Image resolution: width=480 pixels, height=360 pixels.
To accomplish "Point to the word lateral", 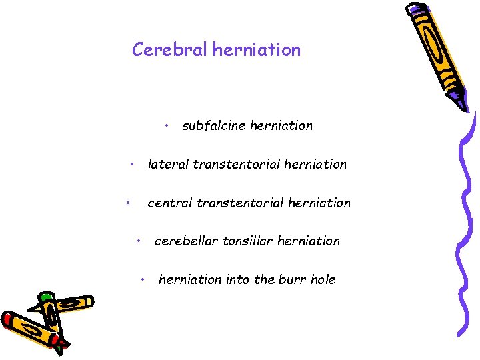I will click(x=168, y=164).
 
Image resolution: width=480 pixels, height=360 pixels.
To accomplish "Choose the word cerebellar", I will click(x=185, y=241).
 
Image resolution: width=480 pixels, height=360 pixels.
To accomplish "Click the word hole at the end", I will click(x=323, y=280).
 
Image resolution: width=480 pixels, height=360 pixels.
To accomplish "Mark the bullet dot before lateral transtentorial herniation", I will click(x=133, y=163).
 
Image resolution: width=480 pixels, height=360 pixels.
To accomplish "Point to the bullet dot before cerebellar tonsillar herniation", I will click(x=139, y=241).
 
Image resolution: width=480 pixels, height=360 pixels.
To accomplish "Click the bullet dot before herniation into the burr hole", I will click(x=144, y=279).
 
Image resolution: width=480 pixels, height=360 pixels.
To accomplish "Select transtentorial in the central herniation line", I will click(x=239, y=203).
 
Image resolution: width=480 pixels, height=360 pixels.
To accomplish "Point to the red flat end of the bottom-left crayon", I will click(x=9, y=321).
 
